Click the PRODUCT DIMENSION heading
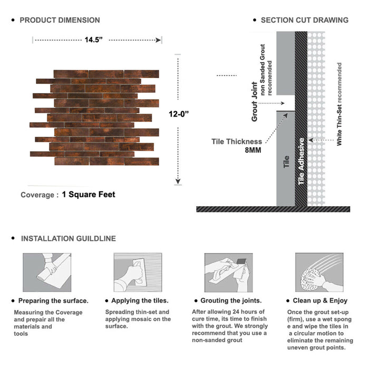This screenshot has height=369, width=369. point(60,21)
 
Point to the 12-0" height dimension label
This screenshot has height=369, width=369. point(179,114)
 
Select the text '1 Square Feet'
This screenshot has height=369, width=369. point(88,195)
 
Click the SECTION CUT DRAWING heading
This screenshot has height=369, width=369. point(304,21)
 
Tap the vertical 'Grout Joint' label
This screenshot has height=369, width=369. point(255,102)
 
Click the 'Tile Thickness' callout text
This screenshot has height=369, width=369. point(237,141)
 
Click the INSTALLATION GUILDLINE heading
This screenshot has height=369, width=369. point(68,239)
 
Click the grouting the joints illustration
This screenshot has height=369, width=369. point(228,272)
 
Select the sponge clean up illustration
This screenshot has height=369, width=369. point(318,272)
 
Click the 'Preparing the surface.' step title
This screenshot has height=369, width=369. point(53,301)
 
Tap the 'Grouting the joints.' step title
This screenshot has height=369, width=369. point(231,301)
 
